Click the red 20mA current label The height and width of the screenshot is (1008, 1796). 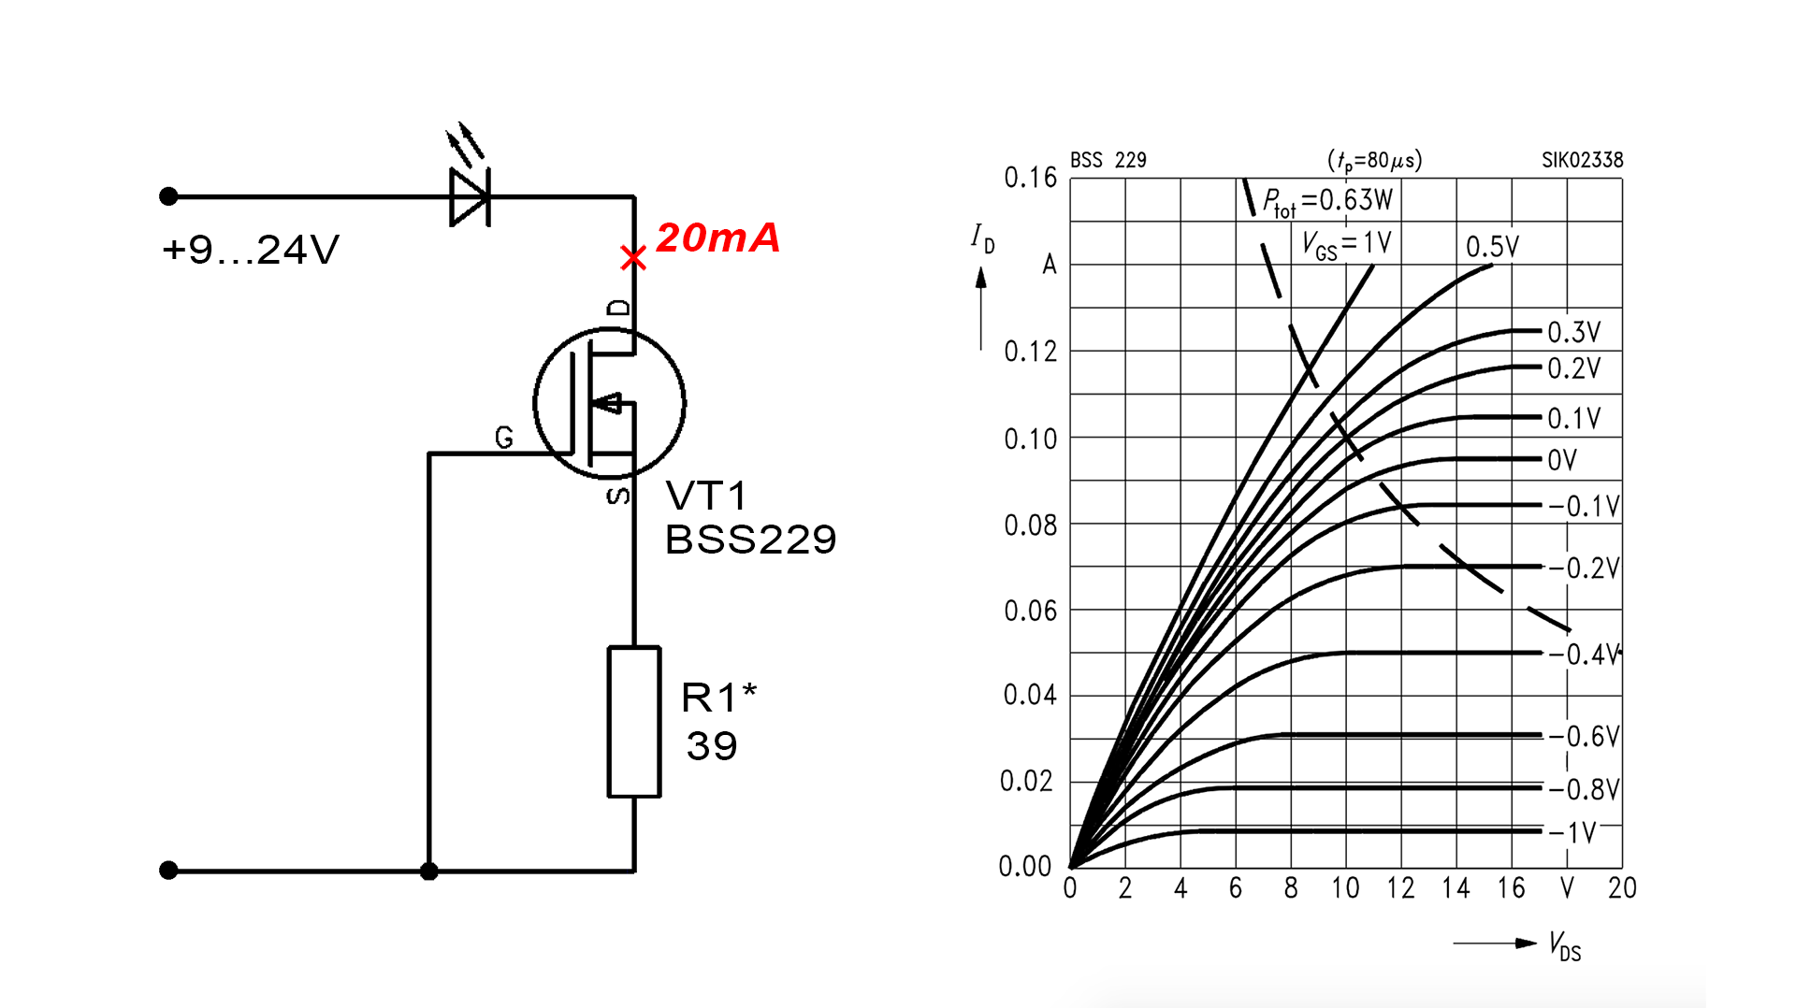click(717, 238)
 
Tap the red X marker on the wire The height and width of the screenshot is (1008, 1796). click(633, 258)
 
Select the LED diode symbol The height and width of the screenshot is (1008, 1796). click(470, 196)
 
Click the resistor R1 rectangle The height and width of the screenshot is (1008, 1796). click(634, 721)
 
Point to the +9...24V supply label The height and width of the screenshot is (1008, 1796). click(250, 250)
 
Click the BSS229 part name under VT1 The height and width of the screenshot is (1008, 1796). click(750, 540)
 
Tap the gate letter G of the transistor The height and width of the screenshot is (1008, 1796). click(504, 437)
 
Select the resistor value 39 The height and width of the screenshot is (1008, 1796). click(712, 746)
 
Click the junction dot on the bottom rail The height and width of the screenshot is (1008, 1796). click(429, 871)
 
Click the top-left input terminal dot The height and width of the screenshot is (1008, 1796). click(168, 196)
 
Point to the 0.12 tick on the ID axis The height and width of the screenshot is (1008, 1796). click(1030, 352)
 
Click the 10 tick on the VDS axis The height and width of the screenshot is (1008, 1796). click(1345, 888)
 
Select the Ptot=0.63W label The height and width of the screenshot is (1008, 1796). click(1327, 201)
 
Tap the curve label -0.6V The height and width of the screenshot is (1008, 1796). click(1584, 737)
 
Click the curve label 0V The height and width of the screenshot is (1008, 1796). click(1562, 460)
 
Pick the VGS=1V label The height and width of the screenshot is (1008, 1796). click(1347, 245)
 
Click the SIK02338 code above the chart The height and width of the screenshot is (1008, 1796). click(1582, 160)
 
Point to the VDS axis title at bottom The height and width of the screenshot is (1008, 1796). click(1565, 945)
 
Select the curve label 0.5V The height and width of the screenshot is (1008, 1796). click(1492, 247)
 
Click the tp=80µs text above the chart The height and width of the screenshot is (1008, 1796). click(1374, 161)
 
